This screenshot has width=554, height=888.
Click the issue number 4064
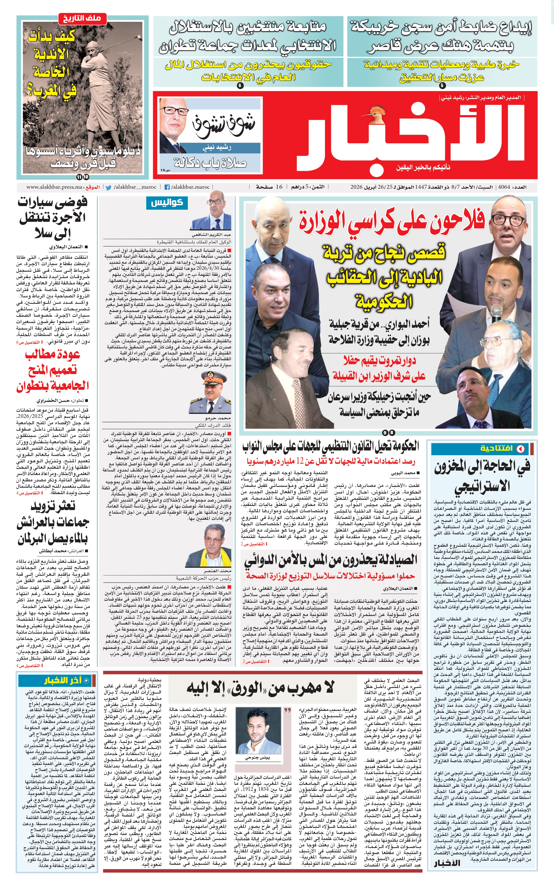[504, 187]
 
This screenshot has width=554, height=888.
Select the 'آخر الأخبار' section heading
[62, 680]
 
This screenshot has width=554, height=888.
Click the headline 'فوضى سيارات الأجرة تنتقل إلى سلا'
[52, 218]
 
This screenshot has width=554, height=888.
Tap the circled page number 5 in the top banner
[442, 85]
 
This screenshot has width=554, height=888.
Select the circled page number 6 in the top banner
[240, 85]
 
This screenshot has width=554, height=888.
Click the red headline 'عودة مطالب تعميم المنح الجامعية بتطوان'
[52, 370]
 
